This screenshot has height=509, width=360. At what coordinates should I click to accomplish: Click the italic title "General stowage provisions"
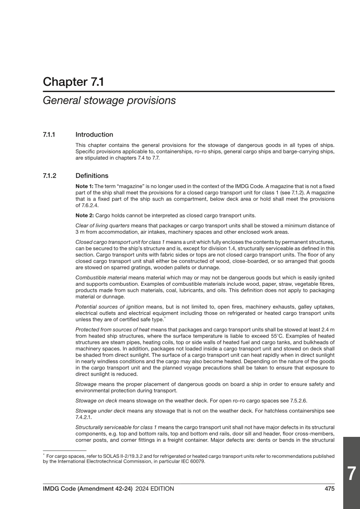(109, 101)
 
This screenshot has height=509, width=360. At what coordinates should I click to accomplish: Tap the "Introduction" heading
(94, 135)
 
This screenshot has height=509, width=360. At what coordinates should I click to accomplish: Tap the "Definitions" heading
(92, 175)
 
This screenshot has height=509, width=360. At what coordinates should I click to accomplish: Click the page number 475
(330, 489)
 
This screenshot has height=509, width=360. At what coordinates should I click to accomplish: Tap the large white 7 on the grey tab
(351, 473)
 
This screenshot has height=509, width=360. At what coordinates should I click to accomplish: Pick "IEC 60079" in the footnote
(195, 463)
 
